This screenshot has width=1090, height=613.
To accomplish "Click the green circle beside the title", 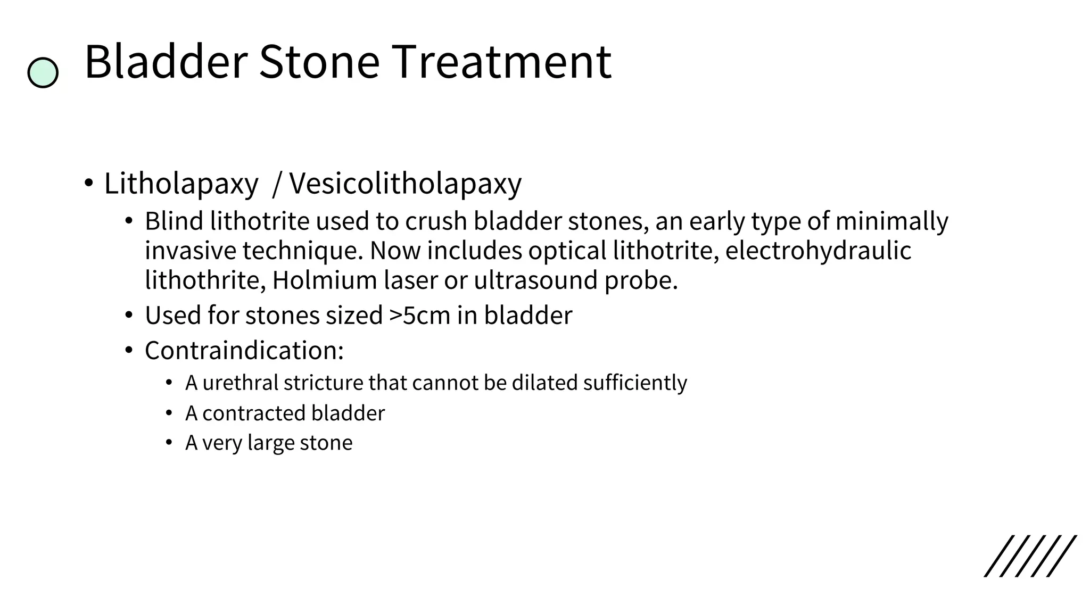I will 43,73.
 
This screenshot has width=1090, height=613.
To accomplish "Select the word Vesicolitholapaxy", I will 406,184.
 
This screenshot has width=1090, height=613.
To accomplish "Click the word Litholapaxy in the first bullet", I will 181,184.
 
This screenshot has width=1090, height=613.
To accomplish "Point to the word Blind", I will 174,221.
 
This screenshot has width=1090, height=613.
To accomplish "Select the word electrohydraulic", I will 818,251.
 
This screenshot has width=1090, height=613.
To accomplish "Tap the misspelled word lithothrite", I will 204,280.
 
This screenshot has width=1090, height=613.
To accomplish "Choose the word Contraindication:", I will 244,351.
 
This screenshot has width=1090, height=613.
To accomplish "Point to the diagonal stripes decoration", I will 1030,556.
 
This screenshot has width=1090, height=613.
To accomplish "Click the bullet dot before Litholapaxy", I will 88,184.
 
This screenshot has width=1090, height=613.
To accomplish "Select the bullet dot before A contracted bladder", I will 169,413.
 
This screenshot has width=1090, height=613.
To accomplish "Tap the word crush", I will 436,221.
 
